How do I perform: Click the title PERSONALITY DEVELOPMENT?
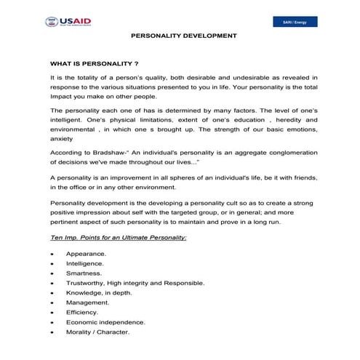click(x=183, y=36)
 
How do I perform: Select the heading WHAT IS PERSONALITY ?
click(x=95, y=63)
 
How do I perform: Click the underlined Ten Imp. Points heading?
click(x=118, y=238)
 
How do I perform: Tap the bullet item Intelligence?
click(x=85, y=263)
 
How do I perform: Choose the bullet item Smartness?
click(x=84, y=273)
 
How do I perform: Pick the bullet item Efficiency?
click(x=82, y=312)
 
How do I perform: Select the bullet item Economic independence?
click(x=105, y=322)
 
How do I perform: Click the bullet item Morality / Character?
click(x=97, y=332)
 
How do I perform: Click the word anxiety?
click(x=61, y=137)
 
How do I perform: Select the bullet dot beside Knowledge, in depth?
click(x=52, y=293)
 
